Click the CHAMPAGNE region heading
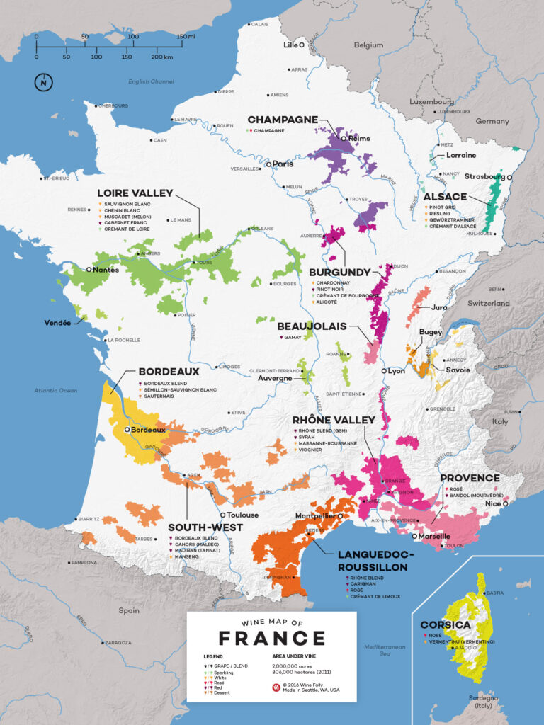(282, 120)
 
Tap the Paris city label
(283, 164)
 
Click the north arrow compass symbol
(43, 82)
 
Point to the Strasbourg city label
(484, 176)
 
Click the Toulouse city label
(243, 515)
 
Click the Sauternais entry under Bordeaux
(161, 396)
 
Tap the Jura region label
(438, 307)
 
